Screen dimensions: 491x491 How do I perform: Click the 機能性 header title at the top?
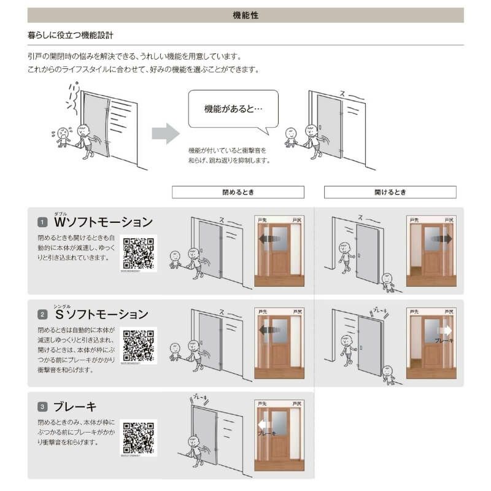pyautogui.click(x=245, y=15)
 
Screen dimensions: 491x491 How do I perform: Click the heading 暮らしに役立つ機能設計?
pyautogui.click(x=71, y=36)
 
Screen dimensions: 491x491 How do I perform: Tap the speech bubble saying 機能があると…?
pyautogui.click(x=233, y=109)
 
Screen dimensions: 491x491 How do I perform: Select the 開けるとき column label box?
pyautogui.click(x=390, y=192)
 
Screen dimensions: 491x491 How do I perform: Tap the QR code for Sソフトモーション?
pyautogui.click(x=139, y=345)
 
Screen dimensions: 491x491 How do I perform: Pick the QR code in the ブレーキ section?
pyautogui.click(x=139, y=436)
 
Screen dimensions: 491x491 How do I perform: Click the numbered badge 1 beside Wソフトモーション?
pyautogui.click(x=42, y=222)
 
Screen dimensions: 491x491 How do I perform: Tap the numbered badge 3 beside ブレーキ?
pyautogui.click(x=42, y=406)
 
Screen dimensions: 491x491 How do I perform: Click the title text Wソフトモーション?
pyautogui.click(x=103, y=222)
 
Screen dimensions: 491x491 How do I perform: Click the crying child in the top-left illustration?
pyautogui.click(x=62, y=137)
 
